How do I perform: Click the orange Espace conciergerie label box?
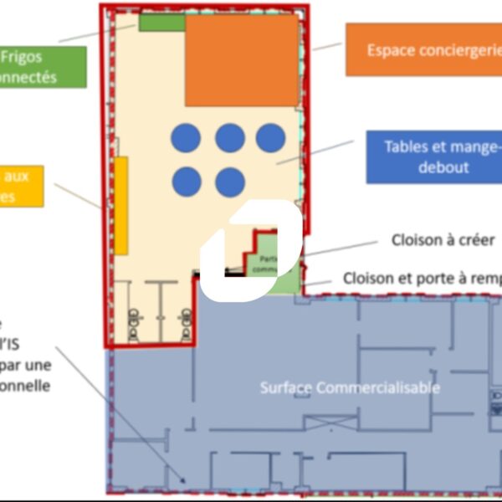[x=423, y=49]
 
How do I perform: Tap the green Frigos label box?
[x=42, y=67]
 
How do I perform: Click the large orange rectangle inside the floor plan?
[x=242, y=60]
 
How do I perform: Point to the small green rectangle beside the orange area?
[x=161, y=23]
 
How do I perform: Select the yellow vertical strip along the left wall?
[x=121, y=205]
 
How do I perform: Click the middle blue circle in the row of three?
[x=230, y=138]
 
